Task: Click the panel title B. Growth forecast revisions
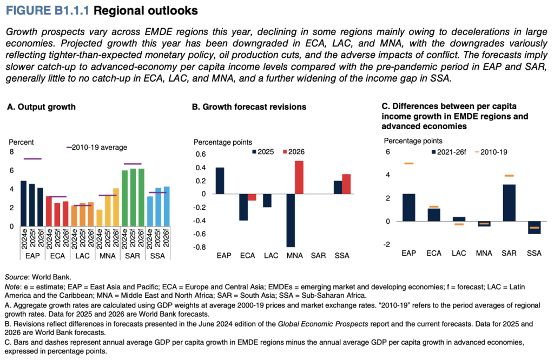tap(249, 107)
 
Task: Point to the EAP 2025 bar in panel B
tap(220, 181)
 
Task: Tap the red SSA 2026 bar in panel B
tap(346, 184)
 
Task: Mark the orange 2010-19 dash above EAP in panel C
tap(408, 163)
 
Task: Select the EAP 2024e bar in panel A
tap(23, 204)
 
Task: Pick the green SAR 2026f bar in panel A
tap(141, 198)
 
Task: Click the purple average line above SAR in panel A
tap(133, 164)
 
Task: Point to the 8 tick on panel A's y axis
tap(11, 152)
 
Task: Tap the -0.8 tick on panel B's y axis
tap(202, 248)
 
